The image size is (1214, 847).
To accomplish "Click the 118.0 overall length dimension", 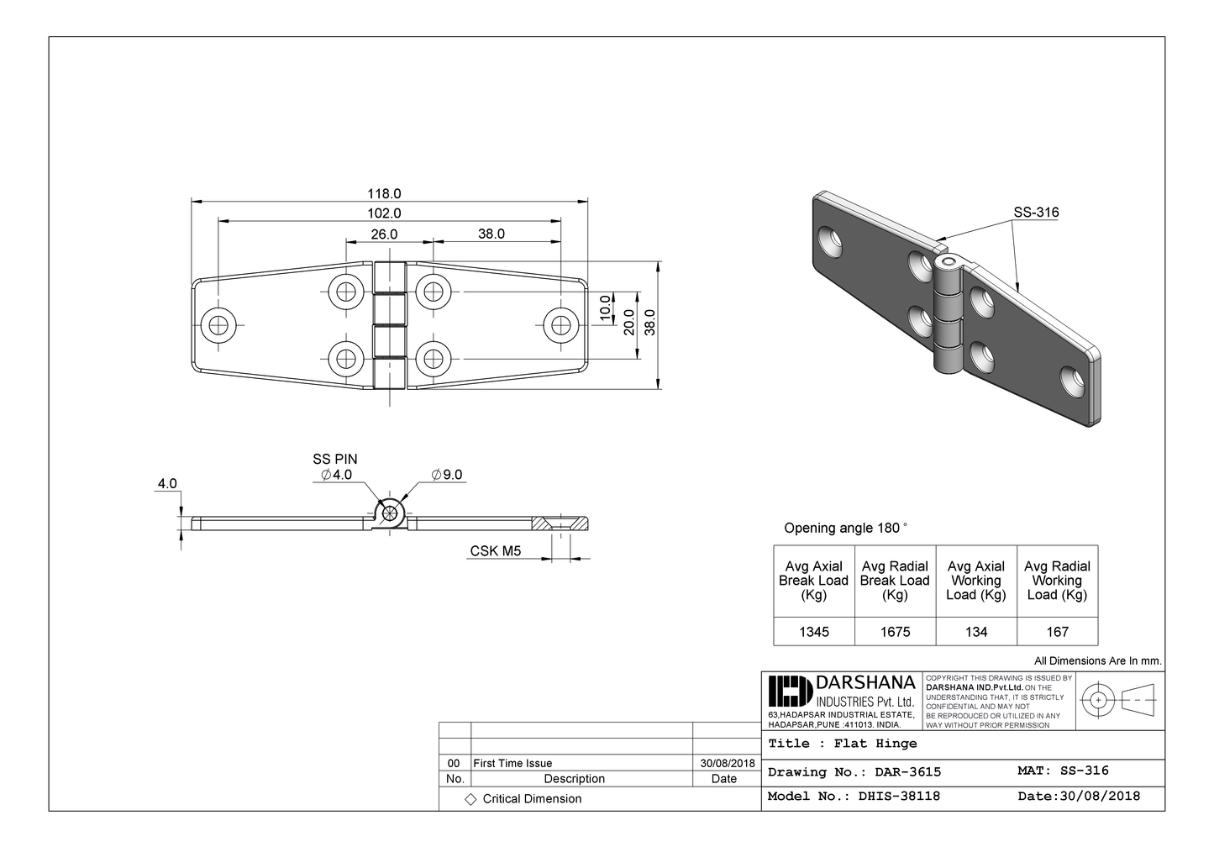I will (384, 193).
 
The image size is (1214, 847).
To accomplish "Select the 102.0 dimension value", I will (384, 213).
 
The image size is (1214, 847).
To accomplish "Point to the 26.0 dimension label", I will (384, 234).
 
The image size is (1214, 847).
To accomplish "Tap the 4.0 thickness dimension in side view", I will (167, 483).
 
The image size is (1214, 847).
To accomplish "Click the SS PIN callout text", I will (334, 459).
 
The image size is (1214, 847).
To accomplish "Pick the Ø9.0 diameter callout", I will (447, 475).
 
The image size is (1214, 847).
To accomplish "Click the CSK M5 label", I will (495, 550).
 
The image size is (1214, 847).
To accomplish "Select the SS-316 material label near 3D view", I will (1036, 213).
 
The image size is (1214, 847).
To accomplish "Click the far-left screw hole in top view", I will (220, 325).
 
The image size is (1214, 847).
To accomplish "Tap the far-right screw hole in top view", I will (561, 325).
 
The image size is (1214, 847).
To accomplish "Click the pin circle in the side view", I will (390, 513).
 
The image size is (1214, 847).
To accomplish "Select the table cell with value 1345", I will (813, 632).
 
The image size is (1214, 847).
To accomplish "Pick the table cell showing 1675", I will (895, 632).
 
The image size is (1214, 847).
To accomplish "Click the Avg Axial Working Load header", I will (975, 581).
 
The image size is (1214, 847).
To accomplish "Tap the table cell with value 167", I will (1057, 632).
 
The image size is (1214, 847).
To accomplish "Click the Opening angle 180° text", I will (845, 528).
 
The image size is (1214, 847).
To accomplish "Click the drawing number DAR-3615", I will (907, 771).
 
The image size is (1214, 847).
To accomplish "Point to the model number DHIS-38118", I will (899, 796).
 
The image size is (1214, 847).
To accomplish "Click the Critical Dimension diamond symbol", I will (470, 799).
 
